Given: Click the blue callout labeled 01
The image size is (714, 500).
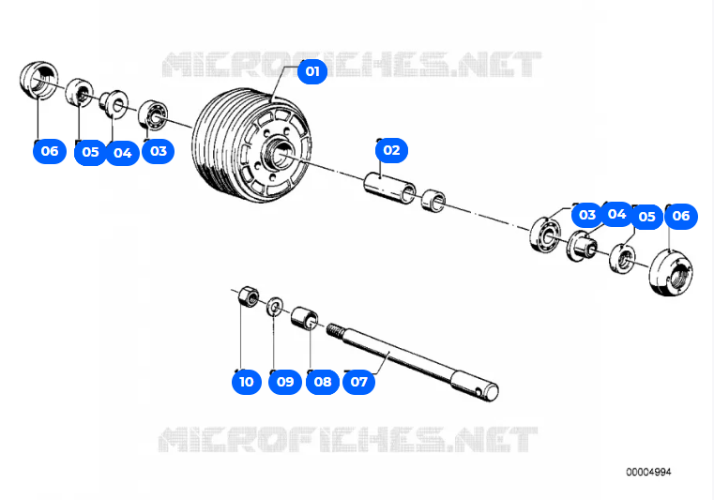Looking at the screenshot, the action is pos(311,71).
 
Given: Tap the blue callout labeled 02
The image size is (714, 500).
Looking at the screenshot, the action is pos(391,150).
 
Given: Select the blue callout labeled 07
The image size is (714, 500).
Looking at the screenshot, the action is pos(358,381).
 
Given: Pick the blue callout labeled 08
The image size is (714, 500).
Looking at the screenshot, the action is pos(323,381).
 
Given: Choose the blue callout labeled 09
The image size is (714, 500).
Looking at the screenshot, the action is pos(285,381).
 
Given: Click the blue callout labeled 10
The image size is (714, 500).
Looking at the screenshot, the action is pos(247,381).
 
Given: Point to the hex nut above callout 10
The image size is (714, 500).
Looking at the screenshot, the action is pos(249,296).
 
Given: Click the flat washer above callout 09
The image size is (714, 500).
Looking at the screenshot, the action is pos(275,306).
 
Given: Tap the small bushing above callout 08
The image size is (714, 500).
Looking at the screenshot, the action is pos(304,318).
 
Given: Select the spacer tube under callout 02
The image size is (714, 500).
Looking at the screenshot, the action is pos(389,188).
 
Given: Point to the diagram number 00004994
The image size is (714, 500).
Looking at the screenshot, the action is pos(648,472).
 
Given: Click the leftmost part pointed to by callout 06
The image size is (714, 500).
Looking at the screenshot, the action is pos(39,80).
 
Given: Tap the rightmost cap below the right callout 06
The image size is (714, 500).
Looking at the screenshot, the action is pos(671,273).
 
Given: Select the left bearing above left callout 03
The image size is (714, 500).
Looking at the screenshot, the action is pos(153,115).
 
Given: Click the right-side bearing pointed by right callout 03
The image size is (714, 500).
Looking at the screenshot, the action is pos(544,235).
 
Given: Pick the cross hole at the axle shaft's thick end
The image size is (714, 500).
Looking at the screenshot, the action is pos(478,390).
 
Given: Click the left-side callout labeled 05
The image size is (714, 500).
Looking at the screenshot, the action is pos(90,152).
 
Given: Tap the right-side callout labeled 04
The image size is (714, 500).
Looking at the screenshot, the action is pos(616,214).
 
